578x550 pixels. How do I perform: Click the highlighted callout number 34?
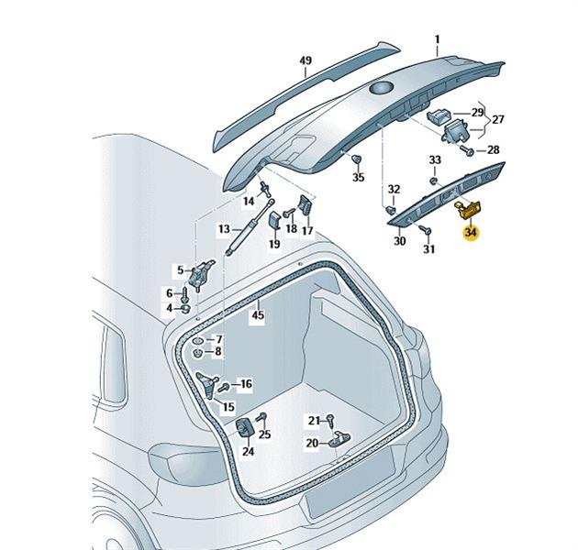[471, 232]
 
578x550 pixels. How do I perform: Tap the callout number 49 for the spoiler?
[306, 62]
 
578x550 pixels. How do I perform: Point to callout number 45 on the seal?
[258, 315]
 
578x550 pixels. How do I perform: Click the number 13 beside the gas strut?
[224, 228]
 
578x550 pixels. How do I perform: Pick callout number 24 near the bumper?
[248, 450]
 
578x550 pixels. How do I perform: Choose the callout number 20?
[312, 443]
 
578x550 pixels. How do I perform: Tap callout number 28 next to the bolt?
[493, 149]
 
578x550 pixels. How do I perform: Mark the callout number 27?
[498, 120]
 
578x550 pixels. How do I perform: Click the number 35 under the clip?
[359, 177]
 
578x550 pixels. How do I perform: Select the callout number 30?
[399, 241]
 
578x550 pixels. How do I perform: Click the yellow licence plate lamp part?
[469, 211]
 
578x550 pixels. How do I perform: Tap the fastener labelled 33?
[434, 179]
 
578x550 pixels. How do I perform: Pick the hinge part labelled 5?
[202, 270]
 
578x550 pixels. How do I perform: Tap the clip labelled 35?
[355, 161]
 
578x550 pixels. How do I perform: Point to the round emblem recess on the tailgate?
[378, 88]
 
